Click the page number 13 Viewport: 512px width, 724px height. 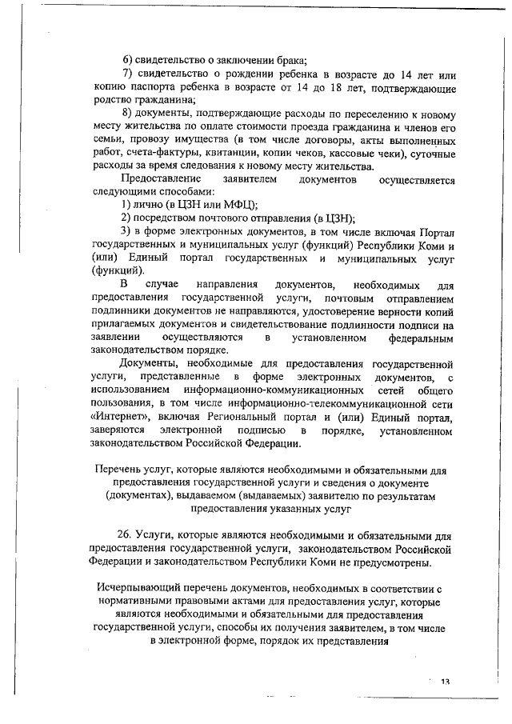point(445,681)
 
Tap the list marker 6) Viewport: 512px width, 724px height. point(128,61)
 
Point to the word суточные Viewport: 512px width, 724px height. point(430,154)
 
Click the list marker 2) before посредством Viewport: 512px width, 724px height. point(126,217)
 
